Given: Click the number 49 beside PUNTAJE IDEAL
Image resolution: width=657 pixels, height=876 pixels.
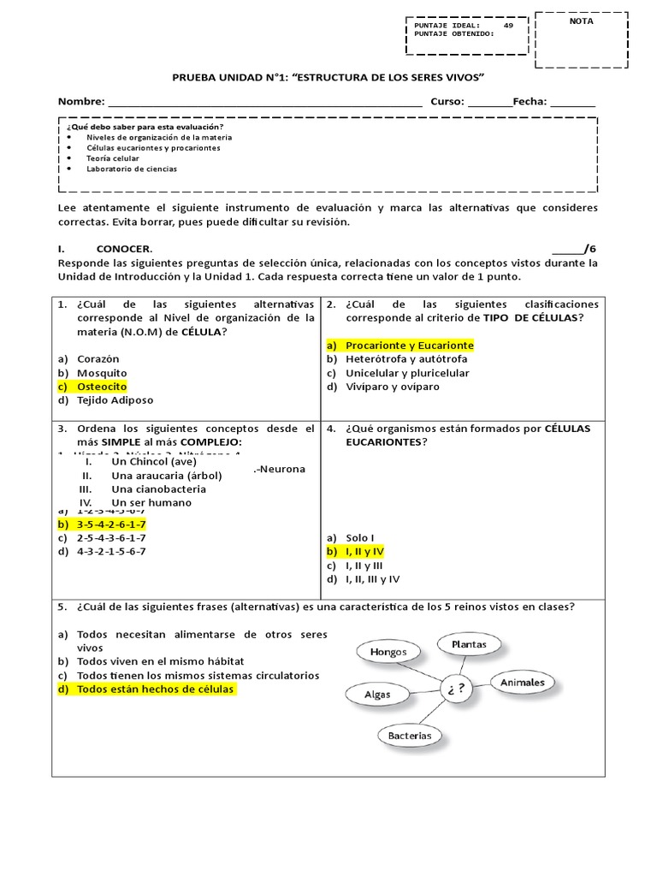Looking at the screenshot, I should coord(508,26).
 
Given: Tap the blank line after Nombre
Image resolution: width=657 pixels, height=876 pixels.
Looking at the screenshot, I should coord(265,102).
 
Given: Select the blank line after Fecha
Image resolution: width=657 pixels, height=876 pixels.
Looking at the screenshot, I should coord(572,102).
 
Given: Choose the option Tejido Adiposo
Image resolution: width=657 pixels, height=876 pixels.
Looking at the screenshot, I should coord(115,400).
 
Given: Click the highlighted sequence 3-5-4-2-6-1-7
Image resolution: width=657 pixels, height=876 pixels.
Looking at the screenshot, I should coord(110,524).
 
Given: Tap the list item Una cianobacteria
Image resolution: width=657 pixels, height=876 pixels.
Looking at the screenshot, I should coord(158,489).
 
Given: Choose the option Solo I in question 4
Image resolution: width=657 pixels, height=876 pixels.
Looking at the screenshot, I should coord(363,538).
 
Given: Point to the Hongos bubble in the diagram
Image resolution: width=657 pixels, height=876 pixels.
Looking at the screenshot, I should coord(388,652).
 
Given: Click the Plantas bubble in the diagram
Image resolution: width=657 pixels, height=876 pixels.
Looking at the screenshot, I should coord(469,643).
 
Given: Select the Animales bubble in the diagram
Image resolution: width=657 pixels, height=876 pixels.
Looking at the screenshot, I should coord(522,683).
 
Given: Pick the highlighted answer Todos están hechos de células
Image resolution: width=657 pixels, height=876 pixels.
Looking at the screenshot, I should coord(154,689).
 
